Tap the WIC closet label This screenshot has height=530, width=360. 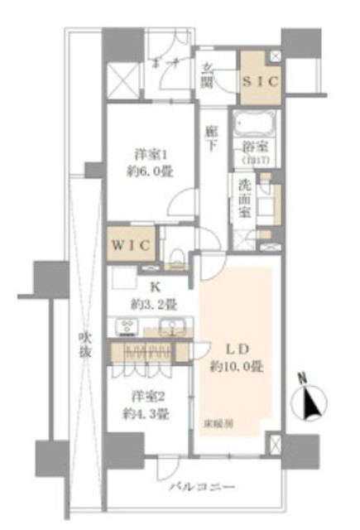[130, 246]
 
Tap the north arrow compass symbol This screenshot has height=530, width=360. [310, 402]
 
